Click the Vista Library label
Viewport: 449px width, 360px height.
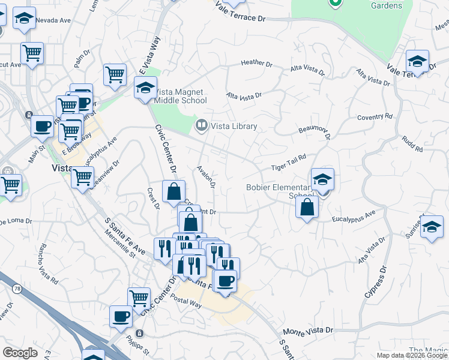tap(234, 126)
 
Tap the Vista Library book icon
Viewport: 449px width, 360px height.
tap(201, 125)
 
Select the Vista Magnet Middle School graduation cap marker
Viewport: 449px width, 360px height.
tap(145, 88)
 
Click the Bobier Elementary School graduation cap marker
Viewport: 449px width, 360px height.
tap(322, 179)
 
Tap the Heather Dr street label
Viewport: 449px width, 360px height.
tap(256, 62)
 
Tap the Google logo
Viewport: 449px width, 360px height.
tap(20, 353)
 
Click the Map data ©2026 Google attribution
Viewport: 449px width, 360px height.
tap(411, 355)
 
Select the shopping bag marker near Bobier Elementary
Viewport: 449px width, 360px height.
tap(307, 208)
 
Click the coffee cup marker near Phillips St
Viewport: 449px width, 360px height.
tap(120, 316)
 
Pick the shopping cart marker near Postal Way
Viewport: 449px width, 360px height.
tap(139, 298)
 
